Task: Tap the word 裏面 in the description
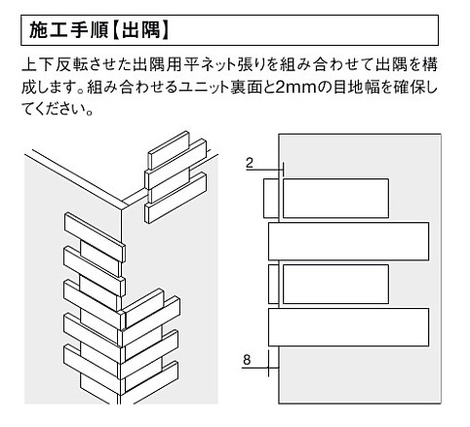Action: point(245,88)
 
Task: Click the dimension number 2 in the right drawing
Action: point(250,162)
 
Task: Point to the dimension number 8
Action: point(247,360)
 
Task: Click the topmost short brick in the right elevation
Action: point(335,198)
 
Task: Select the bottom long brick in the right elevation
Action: point(348,328)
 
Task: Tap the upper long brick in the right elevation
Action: point(348,242)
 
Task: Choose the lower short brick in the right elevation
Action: point(335,284)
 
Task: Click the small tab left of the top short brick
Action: point(271,198)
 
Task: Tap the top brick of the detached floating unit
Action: point(169,150)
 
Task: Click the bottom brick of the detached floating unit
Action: point(176,198)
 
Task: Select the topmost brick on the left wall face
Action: point(95,237)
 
